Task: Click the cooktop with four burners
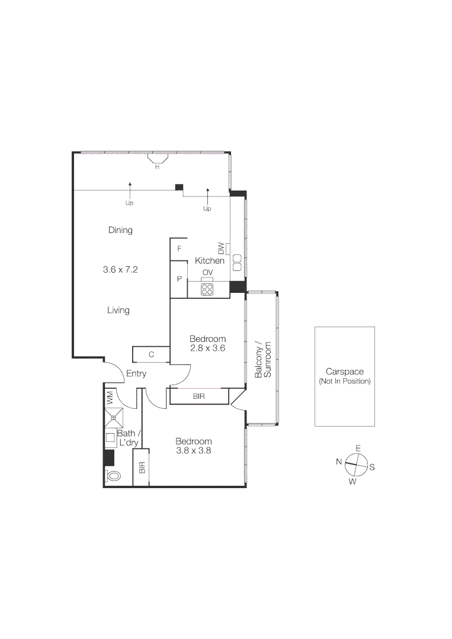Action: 207,289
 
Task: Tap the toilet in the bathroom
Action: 113,475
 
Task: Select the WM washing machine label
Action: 110,398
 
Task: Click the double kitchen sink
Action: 238,262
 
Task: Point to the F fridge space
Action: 179,248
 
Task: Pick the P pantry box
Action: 179,279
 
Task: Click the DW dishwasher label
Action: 221,248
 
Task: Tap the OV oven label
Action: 207,272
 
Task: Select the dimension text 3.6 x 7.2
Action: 120,269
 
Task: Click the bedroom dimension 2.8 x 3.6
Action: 207,348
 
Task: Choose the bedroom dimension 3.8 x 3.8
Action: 194,450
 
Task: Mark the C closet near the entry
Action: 152,354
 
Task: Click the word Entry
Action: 136,374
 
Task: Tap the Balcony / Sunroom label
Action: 262,359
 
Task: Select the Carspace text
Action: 344,372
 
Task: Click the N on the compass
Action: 339,461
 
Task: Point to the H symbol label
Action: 157,167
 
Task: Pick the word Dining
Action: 120,230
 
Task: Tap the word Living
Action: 118,310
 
